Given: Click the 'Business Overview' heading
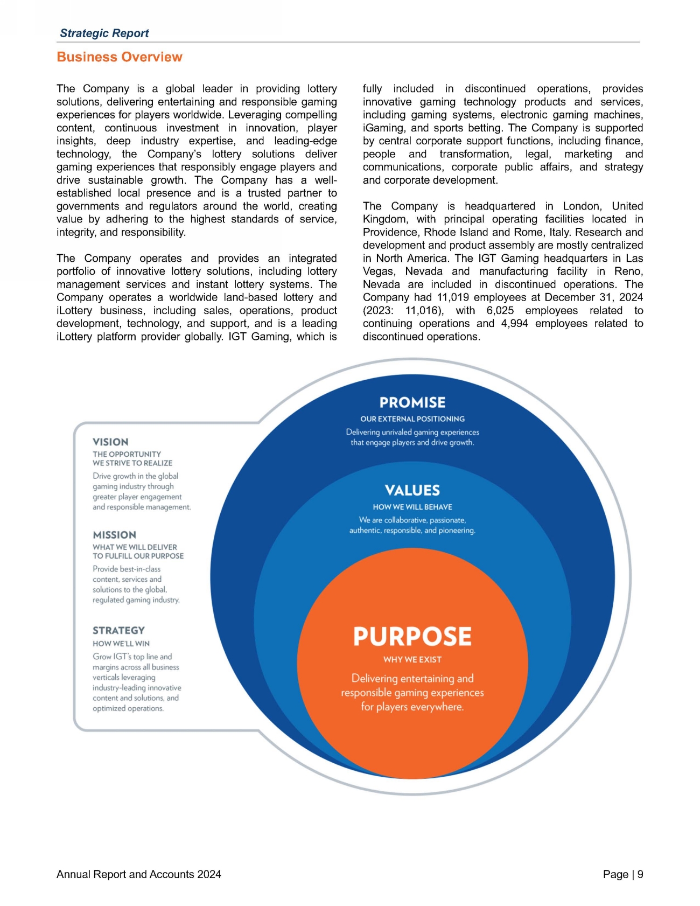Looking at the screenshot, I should (120, 57).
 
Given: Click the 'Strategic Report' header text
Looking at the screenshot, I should (104, 33).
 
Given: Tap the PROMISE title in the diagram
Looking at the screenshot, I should (412, 403).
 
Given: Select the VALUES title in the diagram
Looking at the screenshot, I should (412, 491).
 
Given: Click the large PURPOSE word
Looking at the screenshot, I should (412, 637).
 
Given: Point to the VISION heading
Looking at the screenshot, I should (110, 442).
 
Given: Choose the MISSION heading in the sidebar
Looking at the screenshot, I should (114, 535).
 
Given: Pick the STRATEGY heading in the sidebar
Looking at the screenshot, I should (118, 631).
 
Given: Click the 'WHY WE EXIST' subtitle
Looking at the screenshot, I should (412, 660).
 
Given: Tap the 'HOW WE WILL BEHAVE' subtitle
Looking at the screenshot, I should (412, 507).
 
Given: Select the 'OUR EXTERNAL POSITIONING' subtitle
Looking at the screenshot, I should (412, 419).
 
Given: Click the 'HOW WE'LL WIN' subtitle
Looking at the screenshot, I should (121, 644).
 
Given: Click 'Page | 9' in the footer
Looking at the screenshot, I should (623, 875).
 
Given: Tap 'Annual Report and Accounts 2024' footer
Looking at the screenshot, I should (139, 875).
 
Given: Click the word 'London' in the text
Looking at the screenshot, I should (581, 206).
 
